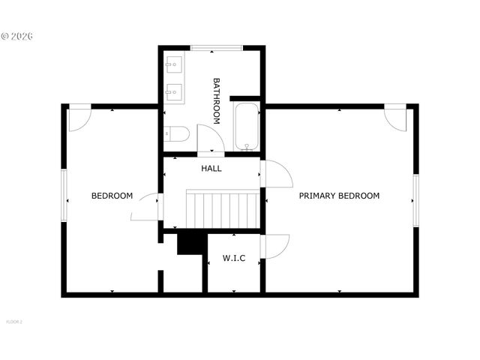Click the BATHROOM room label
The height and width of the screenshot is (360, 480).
coord(217,100)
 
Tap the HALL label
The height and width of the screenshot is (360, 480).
coord(211,169)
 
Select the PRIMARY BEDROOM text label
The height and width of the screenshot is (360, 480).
coord(339,196)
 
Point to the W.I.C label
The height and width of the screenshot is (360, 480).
coord(234,258)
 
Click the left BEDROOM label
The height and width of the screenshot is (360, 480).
coord(112,196)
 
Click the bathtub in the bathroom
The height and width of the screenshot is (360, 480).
coord(247,128)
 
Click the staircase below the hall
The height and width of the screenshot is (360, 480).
coord(223,209)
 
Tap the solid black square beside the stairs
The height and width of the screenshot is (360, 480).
coord(191,243)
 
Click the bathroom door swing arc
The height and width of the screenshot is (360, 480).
coord(211,139)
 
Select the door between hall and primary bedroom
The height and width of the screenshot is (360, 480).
coord(276,174)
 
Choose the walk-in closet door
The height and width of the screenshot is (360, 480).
coord(274,247)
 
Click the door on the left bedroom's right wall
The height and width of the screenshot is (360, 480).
coord(145,208)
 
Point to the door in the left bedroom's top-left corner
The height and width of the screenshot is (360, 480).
coord(79,118)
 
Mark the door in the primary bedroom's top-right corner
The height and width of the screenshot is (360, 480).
coord(395,117)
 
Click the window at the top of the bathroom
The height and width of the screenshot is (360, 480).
coord(216,48)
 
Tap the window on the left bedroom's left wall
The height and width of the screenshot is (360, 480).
coord(64,195)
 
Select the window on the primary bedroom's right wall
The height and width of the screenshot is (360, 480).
coord(415,200)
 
